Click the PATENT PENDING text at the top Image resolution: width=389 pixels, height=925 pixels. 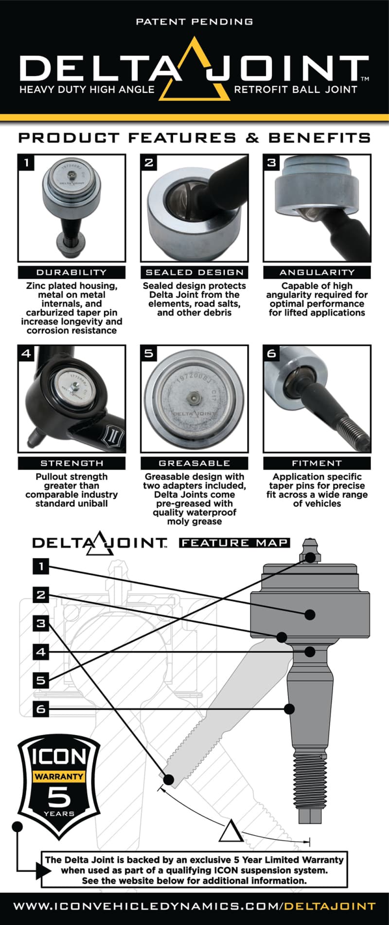[194, 22]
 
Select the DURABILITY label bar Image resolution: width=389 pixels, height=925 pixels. [71, 272]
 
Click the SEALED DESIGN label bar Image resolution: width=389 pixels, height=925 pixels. [194, 272]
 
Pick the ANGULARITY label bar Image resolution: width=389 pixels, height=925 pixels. [317, 272]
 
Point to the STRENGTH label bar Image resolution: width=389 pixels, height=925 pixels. [71, 463]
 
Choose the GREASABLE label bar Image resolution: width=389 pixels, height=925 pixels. [194, 463]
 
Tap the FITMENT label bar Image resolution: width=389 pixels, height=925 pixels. [317, 463]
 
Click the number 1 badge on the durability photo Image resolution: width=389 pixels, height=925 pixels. [26, 162]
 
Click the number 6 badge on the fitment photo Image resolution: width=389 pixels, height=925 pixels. [271, 353]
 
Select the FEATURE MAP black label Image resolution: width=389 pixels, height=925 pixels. [234, 542]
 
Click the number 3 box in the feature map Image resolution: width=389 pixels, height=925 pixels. [41, 623]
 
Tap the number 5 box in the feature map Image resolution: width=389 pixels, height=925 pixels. [41, 680]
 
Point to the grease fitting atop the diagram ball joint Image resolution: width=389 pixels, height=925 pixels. [310, 549]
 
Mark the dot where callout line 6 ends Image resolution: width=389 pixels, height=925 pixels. [289, 709]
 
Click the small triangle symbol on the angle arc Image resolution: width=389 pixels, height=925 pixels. [230, 831]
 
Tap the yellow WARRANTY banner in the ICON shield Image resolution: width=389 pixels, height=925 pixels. [58, 776]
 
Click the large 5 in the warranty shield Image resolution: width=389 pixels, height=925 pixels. [59, 796]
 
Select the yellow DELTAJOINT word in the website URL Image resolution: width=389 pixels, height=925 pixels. [330, 906]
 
